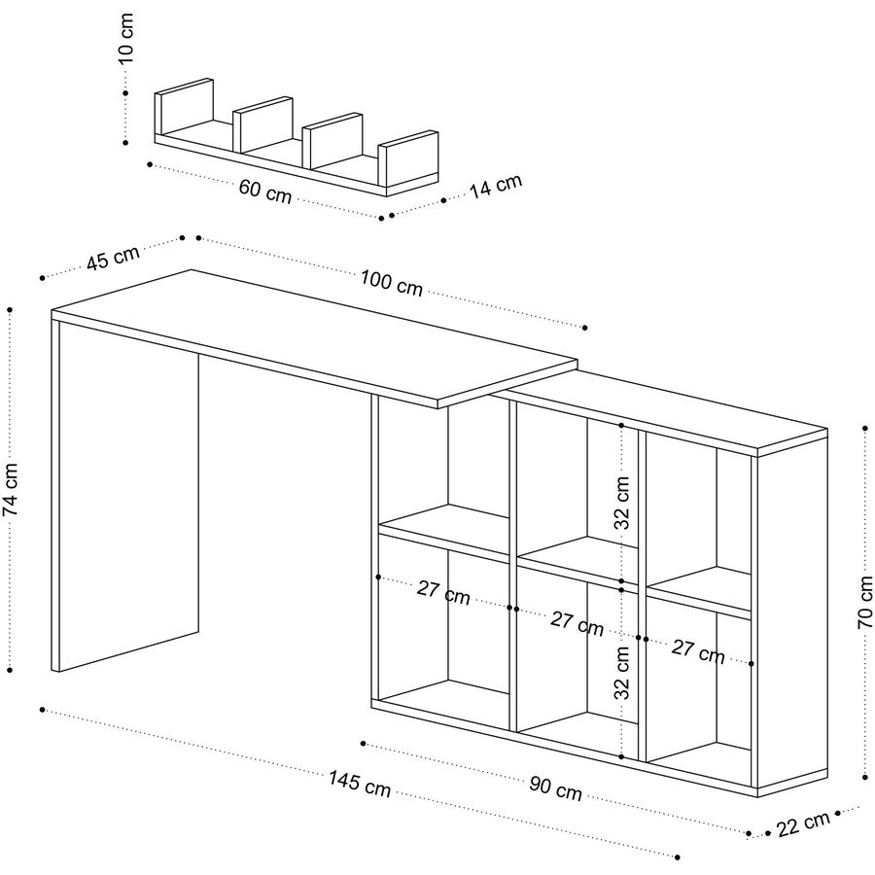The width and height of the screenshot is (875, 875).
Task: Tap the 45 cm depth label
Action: [113, 259]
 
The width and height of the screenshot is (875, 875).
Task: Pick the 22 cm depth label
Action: [805, 822]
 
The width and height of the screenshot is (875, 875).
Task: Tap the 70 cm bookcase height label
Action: [865, 603]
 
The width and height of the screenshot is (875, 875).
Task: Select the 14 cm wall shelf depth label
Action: [497, 186]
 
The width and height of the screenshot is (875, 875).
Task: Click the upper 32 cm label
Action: [623, 502]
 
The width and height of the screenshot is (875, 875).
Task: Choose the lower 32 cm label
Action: [623, 675]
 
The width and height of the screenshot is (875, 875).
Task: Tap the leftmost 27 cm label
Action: [443, 592]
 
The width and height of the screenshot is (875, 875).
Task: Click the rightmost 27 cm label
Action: [698, 652]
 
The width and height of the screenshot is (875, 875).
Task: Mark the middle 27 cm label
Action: [577, 622]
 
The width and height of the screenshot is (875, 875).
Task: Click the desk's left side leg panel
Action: [126, 496]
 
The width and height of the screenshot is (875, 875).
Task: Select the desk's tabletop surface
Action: [311, 335]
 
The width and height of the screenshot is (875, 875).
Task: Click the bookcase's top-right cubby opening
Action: [698, 515]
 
